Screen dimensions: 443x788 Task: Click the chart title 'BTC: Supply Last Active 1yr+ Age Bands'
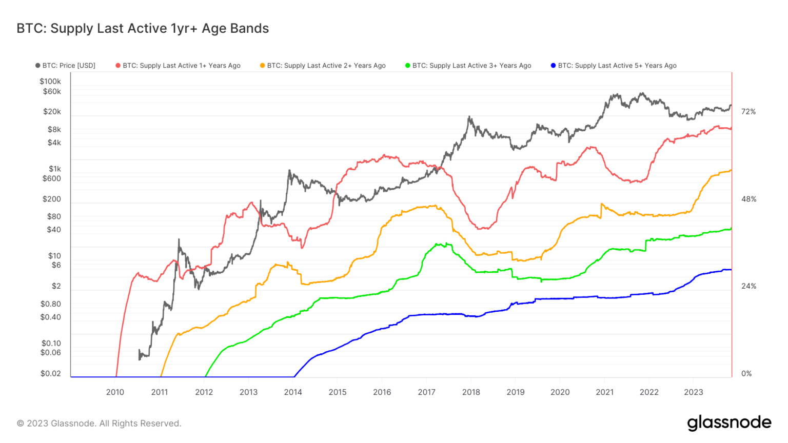tap(143, 28)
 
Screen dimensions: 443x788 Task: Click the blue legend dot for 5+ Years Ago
tap(553, 66)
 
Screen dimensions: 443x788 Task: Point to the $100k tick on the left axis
tap(50, 81)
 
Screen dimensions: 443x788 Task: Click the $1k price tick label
tap(55, 169)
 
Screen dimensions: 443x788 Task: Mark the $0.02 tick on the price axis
tap(51, 373)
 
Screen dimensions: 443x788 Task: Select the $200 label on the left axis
tap(52, 199)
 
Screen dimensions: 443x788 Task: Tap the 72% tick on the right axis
tap(748, 111)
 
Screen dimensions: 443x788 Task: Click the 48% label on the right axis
tap(748, 199)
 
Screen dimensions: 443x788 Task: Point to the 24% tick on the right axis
tap(748, 286)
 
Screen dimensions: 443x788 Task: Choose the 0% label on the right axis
tap(746, 373)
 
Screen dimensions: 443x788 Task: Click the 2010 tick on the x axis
tap(115, 392)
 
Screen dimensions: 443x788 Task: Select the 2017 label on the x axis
tap(426, 392)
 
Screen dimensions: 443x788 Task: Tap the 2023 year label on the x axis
tap(694, 392)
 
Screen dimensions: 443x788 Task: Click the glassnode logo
tap(729, 423)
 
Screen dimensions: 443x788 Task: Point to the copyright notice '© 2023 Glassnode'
tap(99, 424)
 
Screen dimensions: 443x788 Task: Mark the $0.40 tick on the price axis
tap(51, 317)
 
